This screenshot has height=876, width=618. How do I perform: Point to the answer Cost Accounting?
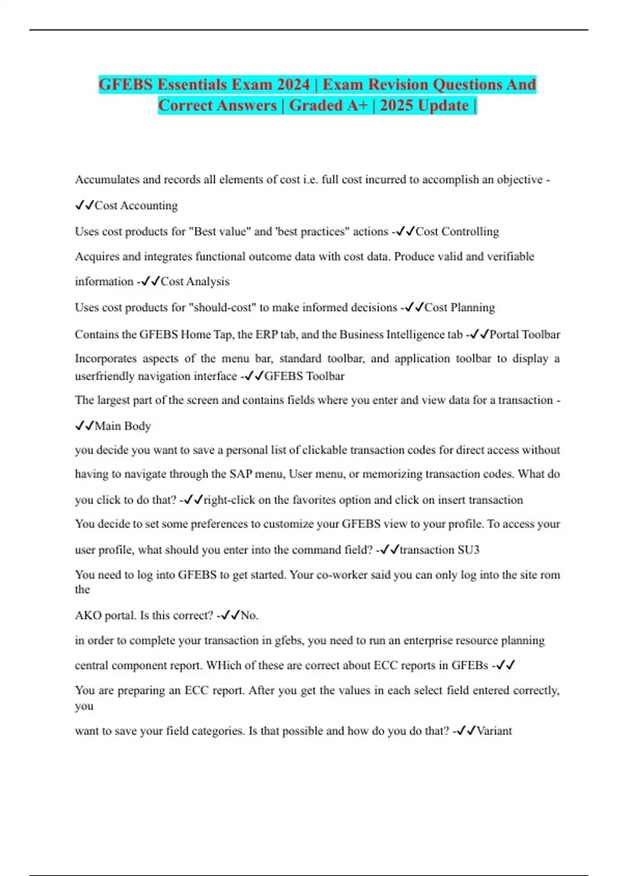pyautogui.click(x=136, y=206)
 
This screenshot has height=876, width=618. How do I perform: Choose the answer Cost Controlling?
pyautogui.click(x=457, y=232)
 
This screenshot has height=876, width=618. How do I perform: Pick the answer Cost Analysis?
pyautogui.click(x=195, y=282)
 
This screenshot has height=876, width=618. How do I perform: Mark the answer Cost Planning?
pyautogui.click(x=459, y=308)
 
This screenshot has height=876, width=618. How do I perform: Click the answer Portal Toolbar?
pyautogui.click(x=524, y=335)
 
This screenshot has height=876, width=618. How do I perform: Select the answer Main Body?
pyautogui.click(x=123, y=426)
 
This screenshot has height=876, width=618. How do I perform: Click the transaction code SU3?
pyautogui.click(x=468, y=550)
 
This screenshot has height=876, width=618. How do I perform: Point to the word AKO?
pyautogui.click(x=88, y=616)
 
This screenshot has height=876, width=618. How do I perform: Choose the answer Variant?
pyautogui.click(x=494, y=731)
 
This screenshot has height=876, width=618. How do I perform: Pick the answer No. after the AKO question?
pyautogui.click(x=249, y=616)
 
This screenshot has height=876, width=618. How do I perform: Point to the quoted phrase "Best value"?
pyautogui.click(x=220, y=232)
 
